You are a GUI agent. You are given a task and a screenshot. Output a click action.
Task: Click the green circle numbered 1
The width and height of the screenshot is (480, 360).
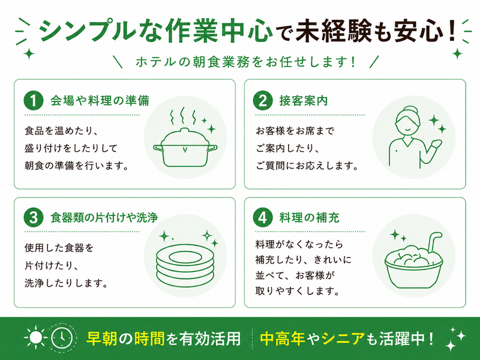pos(34,100)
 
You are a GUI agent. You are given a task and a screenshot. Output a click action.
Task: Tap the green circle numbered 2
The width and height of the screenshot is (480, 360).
pos(263,100)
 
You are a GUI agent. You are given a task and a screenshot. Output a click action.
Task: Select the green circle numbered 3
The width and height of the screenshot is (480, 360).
pos(34,217)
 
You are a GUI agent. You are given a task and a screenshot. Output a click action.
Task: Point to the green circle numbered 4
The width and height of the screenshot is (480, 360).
pos(263,217)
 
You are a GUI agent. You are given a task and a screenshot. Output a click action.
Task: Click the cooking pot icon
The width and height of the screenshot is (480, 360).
pos(185,148)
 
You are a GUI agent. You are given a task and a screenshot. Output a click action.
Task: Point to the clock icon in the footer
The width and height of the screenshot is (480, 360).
pos(62,338)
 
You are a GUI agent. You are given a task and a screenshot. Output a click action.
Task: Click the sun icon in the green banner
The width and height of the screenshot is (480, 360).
pos(35,338)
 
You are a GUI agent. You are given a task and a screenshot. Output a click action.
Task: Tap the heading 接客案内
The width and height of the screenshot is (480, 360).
pos(304,101)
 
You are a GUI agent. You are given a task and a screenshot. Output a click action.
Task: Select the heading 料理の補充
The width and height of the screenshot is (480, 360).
pos(309,218)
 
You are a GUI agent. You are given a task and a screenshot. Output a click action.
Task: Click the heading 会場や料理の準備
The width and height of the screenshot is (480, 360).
pos(100,101)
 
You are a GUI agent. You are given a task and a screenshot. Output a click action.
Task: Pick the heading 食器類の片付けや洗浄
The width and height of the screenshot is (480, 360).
pos(104,218)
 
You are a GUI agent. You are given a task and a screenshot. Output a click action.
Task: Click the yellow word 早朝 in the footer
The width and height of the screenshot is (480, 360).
pos(101,338)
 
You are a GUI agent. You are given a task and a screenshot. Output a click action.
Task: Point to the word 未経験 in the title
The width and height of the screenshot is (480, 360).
pos(334,31)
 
